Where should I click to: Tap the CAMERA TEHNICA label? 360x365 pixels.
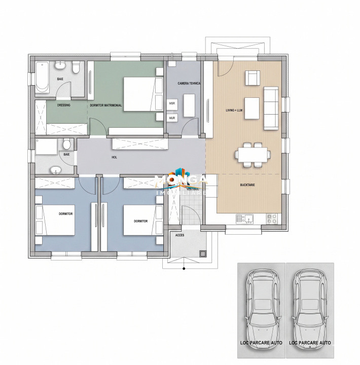click(189, 83)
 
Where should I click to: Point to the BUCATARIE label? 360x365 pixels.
click(248, 185)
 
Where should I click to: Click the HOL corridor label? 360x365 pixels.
click(115, 158)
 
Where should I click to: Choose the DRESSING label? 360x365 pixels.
click(64, 105)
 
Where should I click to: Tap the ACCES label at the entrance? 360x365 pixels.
click(179, 235)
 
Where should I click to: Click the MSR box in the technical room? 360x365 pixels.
click(172, 104)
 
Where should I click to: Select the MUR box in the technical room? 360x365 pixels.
click(172, 118)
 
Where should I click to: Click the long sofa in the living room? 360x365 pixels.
click(271, 107)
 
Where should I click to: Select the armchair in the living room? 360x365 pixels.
click(253, 79)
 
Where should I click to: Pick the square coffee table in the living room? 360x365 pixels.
click(251, 107)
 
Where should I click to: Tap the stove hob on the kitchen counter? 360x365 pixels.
click(271, 219)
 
